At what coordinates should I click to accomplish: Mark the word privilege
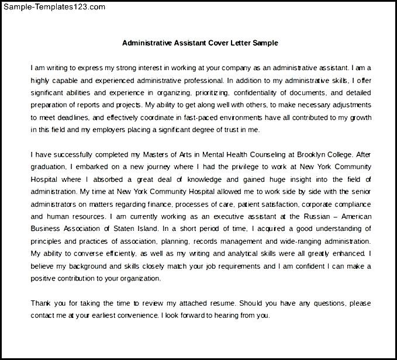(236, 167)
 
